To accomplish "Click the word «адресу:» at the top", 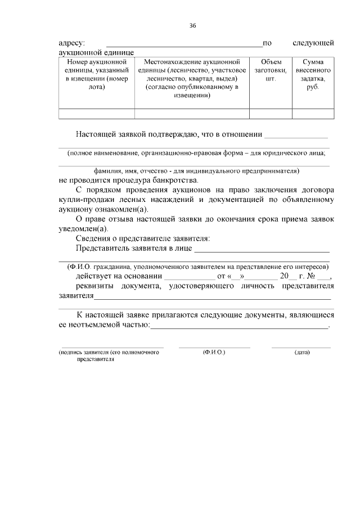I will [72, 43].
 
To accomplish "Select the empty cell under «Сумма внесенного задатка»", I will [313, 114].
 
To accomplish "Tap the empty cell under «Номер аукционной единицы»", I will [97, 114].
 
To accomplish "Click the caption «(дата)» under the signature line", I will [302, 352].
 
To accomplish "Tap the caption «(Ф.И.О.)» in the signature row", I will [214, 352].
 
